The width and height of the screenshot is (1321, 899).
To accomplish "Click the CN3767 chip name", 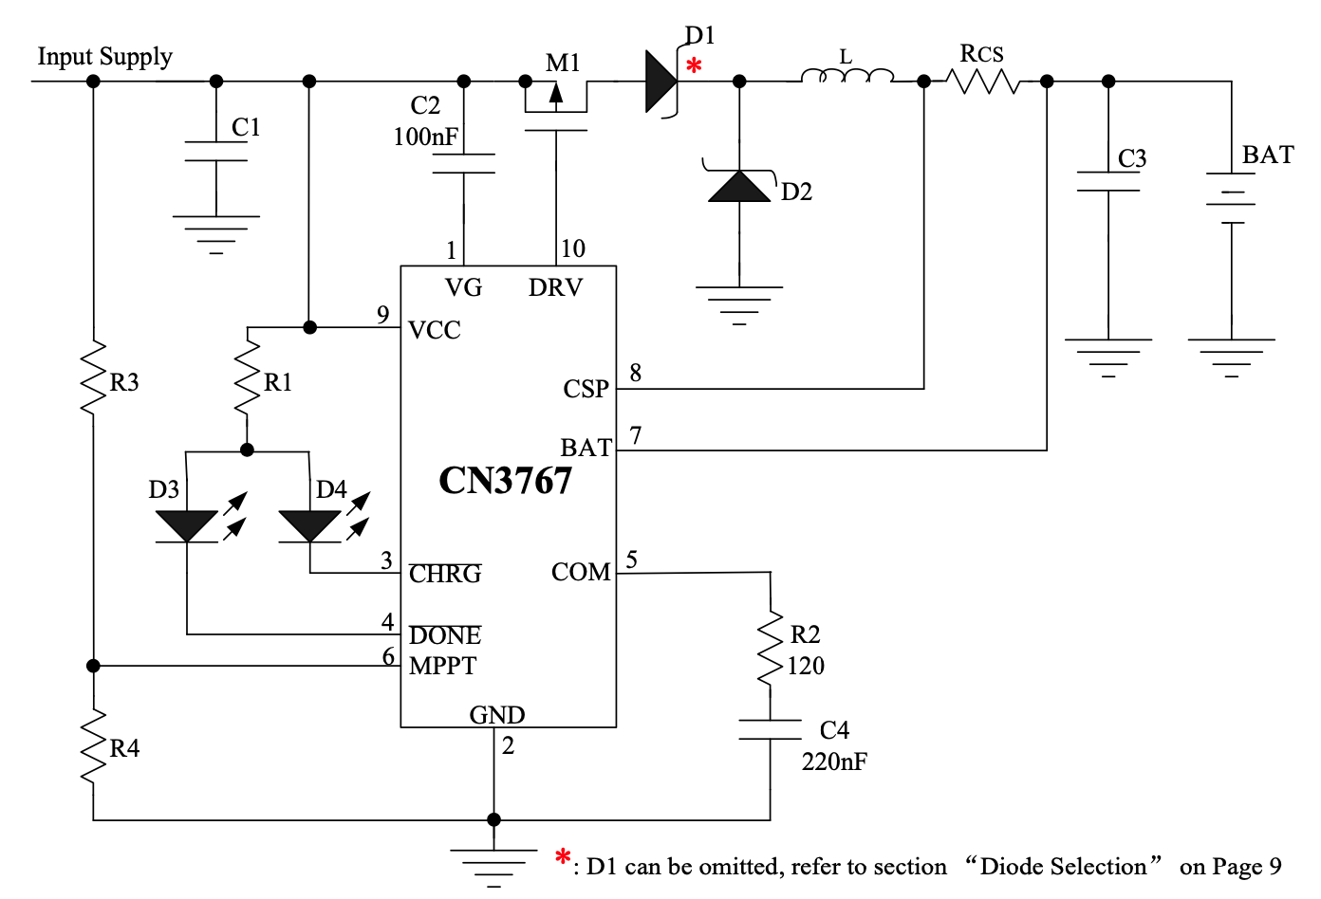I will (x=505, y=481).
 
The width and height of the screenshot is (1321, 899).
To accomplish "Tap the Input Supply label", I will (x=104, y=57).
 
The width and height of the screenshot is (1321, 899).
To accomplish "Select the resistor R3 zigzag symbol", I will (x=93, y=378).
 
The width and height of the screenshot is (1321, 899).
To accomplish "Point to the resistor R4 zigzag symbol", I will (x=93, y=747).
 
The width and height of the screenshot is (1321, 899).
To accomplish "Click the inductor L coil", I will (x=847, y=76).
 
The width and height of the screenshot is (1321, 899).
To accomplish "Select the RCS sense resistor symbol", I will (x=986, y=83).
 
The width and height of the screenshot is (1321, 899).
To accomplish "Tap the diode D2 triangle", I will (x=740, y=186).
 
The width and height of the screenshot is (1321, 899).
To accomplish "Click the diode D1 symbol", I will (x=661, y=82).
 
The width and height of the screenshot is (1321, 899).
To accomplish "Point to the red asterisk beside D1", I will (x=695, y=66).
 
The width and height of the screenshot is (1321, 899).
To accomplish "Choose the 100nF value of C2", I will (x=425, y=138).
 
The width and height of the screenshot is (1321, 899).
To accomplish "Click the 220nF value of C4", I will (x=834, y=761).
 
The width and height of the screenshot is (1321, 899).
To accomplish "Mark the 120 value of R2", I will (x=806, y=666).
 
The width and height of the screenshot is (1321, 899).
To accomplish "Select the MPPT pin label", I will (x=442, y=666).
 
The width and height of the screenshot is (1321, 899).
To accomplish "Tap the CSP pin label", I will (x=586, y=389).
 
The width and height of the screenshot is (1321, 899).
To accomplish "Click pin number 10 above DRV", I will (x=572, y=248).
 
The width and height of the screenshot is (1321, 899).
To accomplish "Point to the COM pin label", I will (x=581, y=572).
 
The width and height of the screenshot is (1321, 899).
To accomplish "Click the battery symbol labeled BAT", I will (x=1232, y=199).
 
